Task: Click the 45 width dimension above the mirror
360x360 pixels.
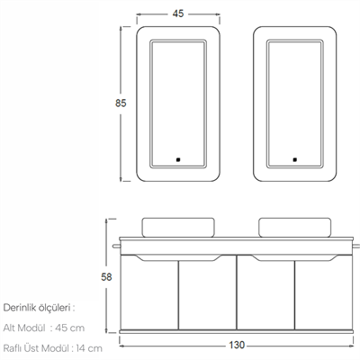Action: click(x=178, y=13)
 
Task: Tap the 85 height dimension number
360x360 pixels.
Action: click(x=121, y=103)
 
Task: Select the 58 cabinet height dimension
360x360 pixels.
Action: click(x=106, y=277)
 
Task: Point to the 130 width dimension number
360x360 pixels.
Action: click(x=237, y=346)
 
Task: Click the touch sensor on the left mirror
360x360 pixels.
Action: click(x=178, y=159)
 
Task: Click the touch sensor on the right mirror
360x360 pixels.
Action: click(x=295, y=159)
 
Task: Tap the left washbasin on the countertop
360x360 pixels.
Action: click(x=178, y=228)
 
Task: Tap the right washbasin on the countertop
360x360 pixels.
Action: click(x=295, y=228)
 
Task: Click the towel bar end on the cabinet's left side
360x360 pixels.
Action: click(x=116, y=247)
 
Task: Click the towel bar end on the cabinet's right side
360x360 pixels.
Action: click(x=356, y=247)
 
